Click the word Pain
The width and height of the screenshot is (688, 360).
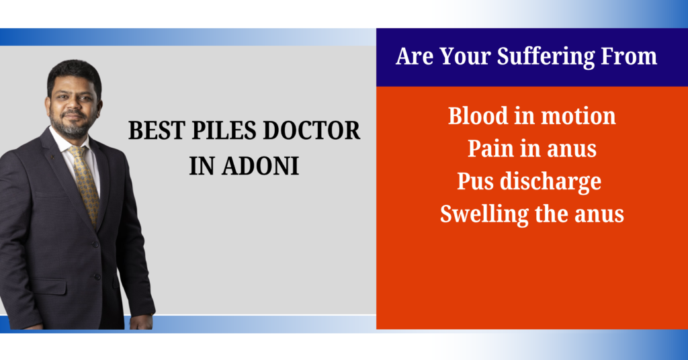[490, 148]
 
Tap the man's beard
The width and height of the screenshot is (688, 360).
[70, 126]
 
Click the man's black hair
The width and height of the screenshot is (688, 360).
[74, 73]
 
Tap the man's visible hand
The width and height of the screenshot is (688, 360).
[141, 322]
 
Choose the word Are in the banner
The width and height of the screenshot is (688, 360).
[415, 56]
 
